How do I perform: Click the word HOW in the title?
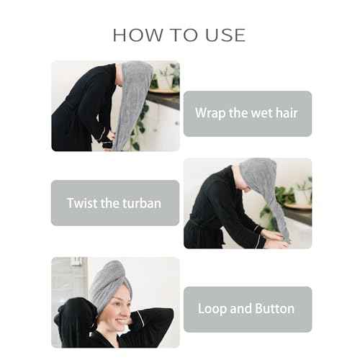[x=138, y=35]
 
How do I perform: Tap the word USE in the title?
[x=226, y=35]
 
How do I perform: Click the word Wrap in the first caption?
[x=210, y=113]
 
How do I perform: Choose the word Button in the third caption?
[x=274, y=309]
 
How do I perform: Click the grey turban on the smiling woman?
[x=111, y=286]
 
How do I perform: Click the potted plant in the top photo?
[x=166, y=78]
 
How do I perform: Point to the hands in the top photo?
[x=110, y=139]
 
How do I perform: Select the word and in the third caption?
[x=241, y=309]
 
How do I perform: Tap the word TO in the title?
[x=184, y=35]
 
